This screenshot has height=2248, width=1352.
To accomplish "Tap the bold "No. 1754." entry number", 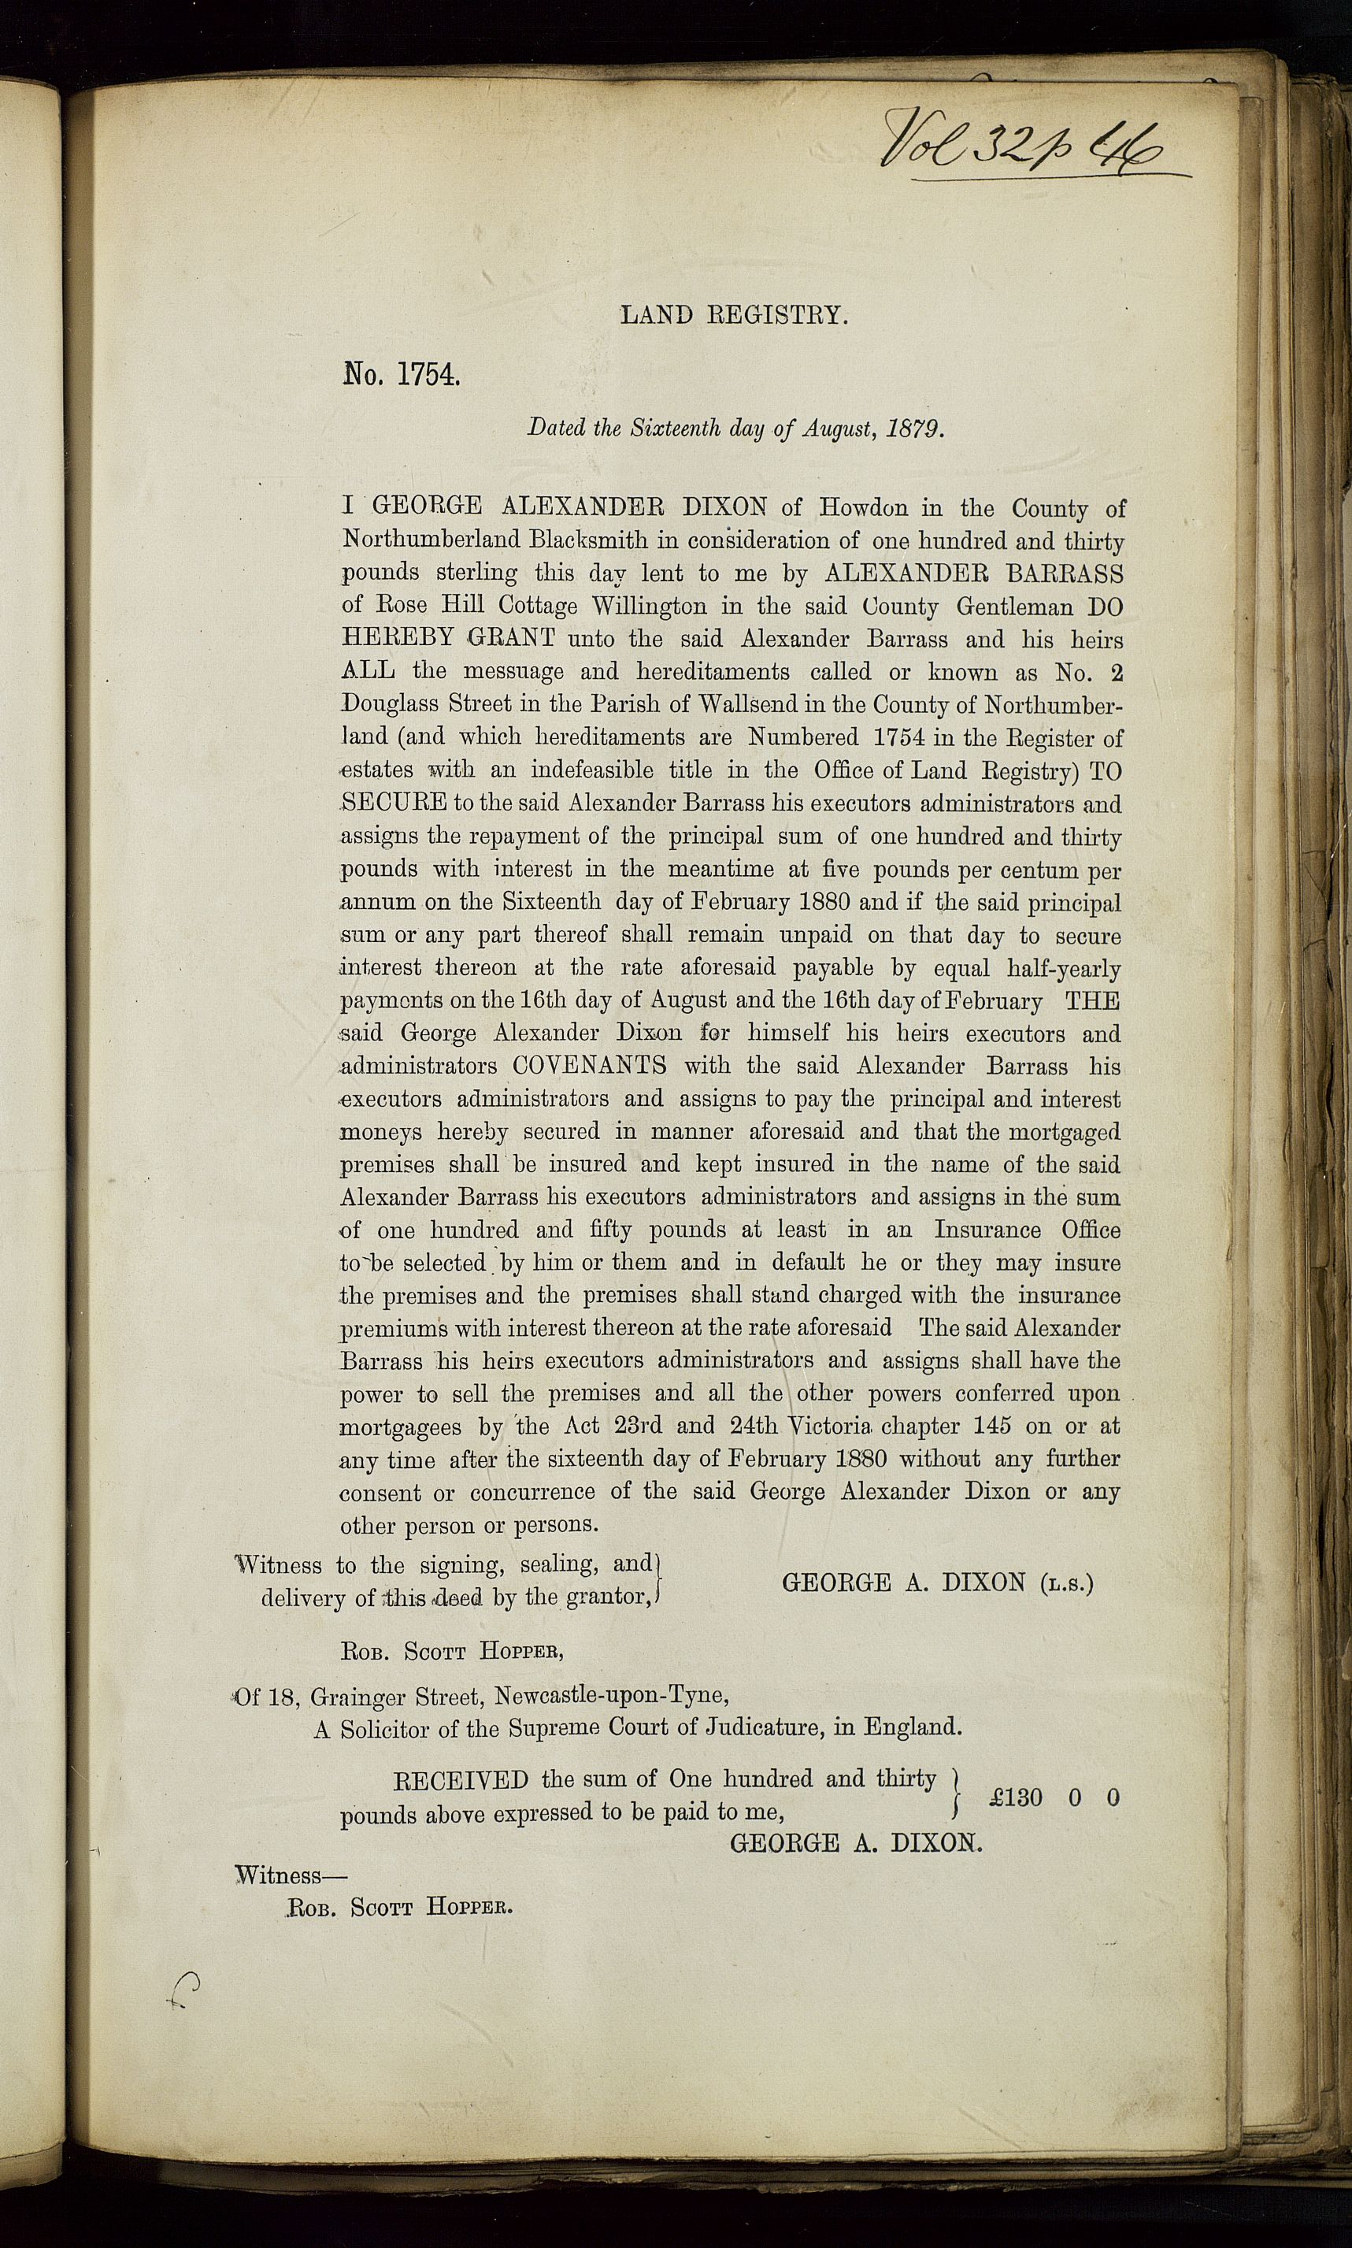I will coord(401,374).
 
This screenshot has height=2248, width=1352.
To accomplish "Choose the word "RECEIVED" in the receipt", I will coord(460,1779).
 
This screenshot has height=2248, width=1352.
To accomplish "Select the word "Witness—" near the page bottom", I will coord(279,1875).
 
